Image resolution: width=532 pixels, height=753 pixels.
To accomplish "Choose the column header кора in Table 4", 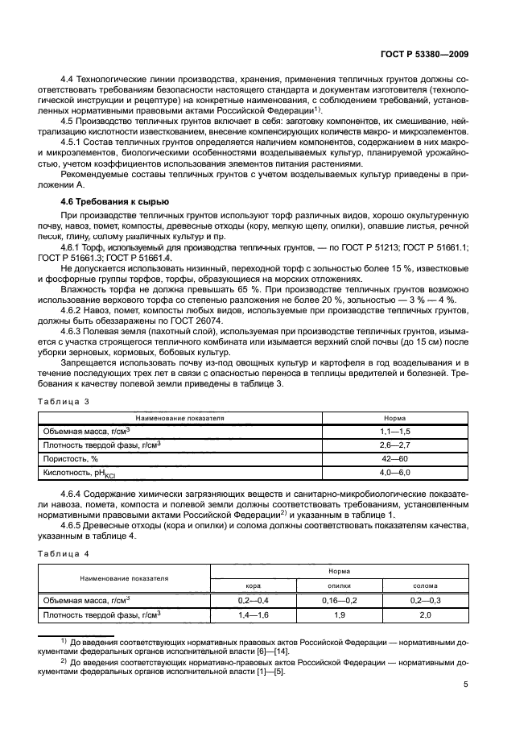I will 253,585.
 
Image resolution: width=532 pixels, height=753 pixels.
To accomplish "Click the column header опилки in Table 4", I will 338,585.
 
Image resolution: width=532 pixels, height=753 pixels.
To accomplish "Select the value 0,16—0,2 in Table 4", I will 338,600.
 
